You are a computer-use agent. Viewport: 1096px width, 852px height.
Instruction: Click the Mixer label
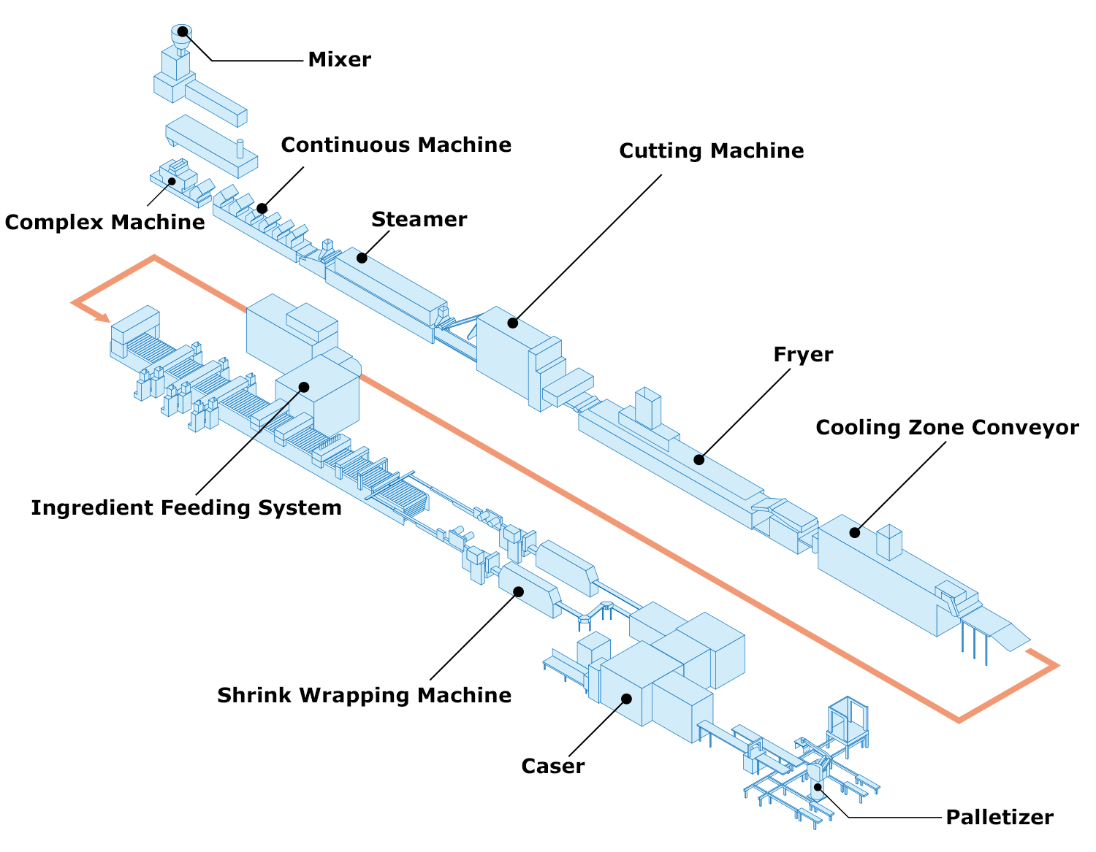click(339, 59)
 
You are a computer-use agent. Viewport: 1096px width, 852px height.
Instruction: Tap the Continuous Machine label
click(396, 145)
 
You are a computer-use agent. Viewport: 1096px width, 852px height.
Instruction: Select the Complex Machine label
click(105, 222)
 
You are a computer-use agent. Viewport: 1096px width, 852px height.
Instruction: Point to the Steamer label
click(419, 219)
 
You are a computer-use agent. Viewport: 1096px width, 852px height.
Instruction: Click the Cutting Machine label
click(711, 150)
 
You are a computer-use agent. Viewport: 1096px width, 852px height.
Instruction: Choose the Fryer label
click(803, 355)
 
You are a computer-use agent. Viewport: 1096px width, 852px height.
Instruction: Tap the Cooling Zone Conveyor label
click(947, 427)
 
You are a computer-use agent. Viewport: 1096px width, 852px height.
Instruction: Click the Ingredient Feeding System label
click(186, 507)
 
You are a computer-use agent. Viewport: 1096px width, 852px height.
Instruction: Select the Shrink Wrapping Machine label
click(364, 695)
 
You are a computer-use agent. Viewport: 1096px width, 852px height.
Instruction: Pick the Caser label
click(553, 767)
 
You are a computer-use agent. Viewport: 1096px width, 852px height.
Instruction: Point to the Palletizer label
click(999, 817)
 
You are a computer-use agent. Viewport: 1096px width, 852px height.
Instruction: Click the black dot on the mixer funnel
click(183, 31)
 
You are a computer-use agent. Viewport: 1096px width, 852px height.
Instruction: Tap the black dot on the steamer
click(362, 258)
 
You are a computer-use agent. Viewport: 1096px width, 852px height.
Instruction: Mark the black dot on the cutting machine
click(512, 323)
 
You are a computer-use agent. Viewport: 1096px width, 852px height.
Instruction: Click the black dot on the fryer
click(699, 459)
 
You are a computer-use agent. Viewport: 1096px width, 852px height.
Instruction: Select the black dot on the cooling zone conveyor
click(854, 532)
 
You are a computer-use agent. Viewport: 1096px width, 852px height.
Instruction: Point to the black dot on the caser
click(626, 699)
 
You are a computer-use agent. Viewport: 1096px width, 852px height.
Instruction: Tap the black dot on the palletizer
click(818, 787)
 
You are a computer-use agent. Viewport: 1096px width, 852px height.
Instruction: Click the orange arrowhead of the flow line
click(104, 318)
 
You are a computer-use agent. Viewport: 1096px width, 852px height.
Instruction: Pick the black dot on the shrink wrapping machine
click(519, 591)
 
